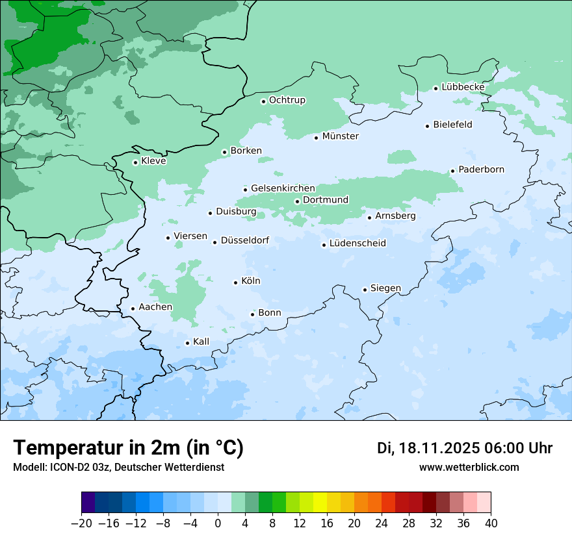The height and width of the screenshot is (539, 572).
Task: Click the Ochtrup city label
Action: click(x=287, y=100)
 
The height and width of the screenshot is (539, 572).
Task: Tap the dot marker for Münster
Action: click(x=317, y=138)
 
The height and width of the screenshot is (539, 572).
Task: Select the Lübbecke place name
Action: click(x=463, y=87)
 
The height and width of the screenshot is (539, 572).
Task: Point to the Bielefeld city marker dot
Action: click(x=428, y=126)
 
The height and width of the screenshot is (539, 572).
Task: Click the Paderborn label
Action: click(x=481, y=169)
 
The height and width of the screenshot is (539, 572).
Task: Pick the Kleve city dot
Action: click(x=136, y=162)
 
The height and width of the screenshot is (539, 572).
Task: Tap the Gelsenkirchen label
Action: click(x=283, y=188)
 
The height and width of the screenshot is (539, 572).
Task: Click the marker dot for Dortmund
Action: click(x=297, y=201)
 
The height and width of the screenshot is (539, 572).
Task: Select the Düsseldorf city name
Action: click(x=245, y=240)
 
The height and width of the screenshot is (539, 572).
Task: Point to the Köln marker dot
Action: click(x=236, y=282)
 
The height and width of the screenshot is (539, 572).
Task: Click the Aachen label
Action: click(x=155, y=307)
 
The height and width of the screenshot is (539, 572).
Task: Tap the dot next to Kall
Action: click(x=188, y=343)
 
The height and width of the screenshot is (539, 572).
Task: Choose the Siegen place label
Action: click(x=385, y=288)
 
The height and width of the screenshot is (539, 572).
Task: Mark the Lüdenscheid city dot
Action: click(x=324, y=245)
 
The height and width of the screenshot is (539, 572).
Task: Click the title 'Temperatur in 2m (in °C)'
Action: click(x=128, y=448)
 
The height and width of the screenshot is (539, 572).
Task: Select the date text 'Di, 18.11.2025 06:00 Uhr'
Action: click(x=465, y=448)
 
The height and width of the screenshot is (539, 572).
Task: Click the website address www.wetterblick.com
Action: click(x=469, y=468)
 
